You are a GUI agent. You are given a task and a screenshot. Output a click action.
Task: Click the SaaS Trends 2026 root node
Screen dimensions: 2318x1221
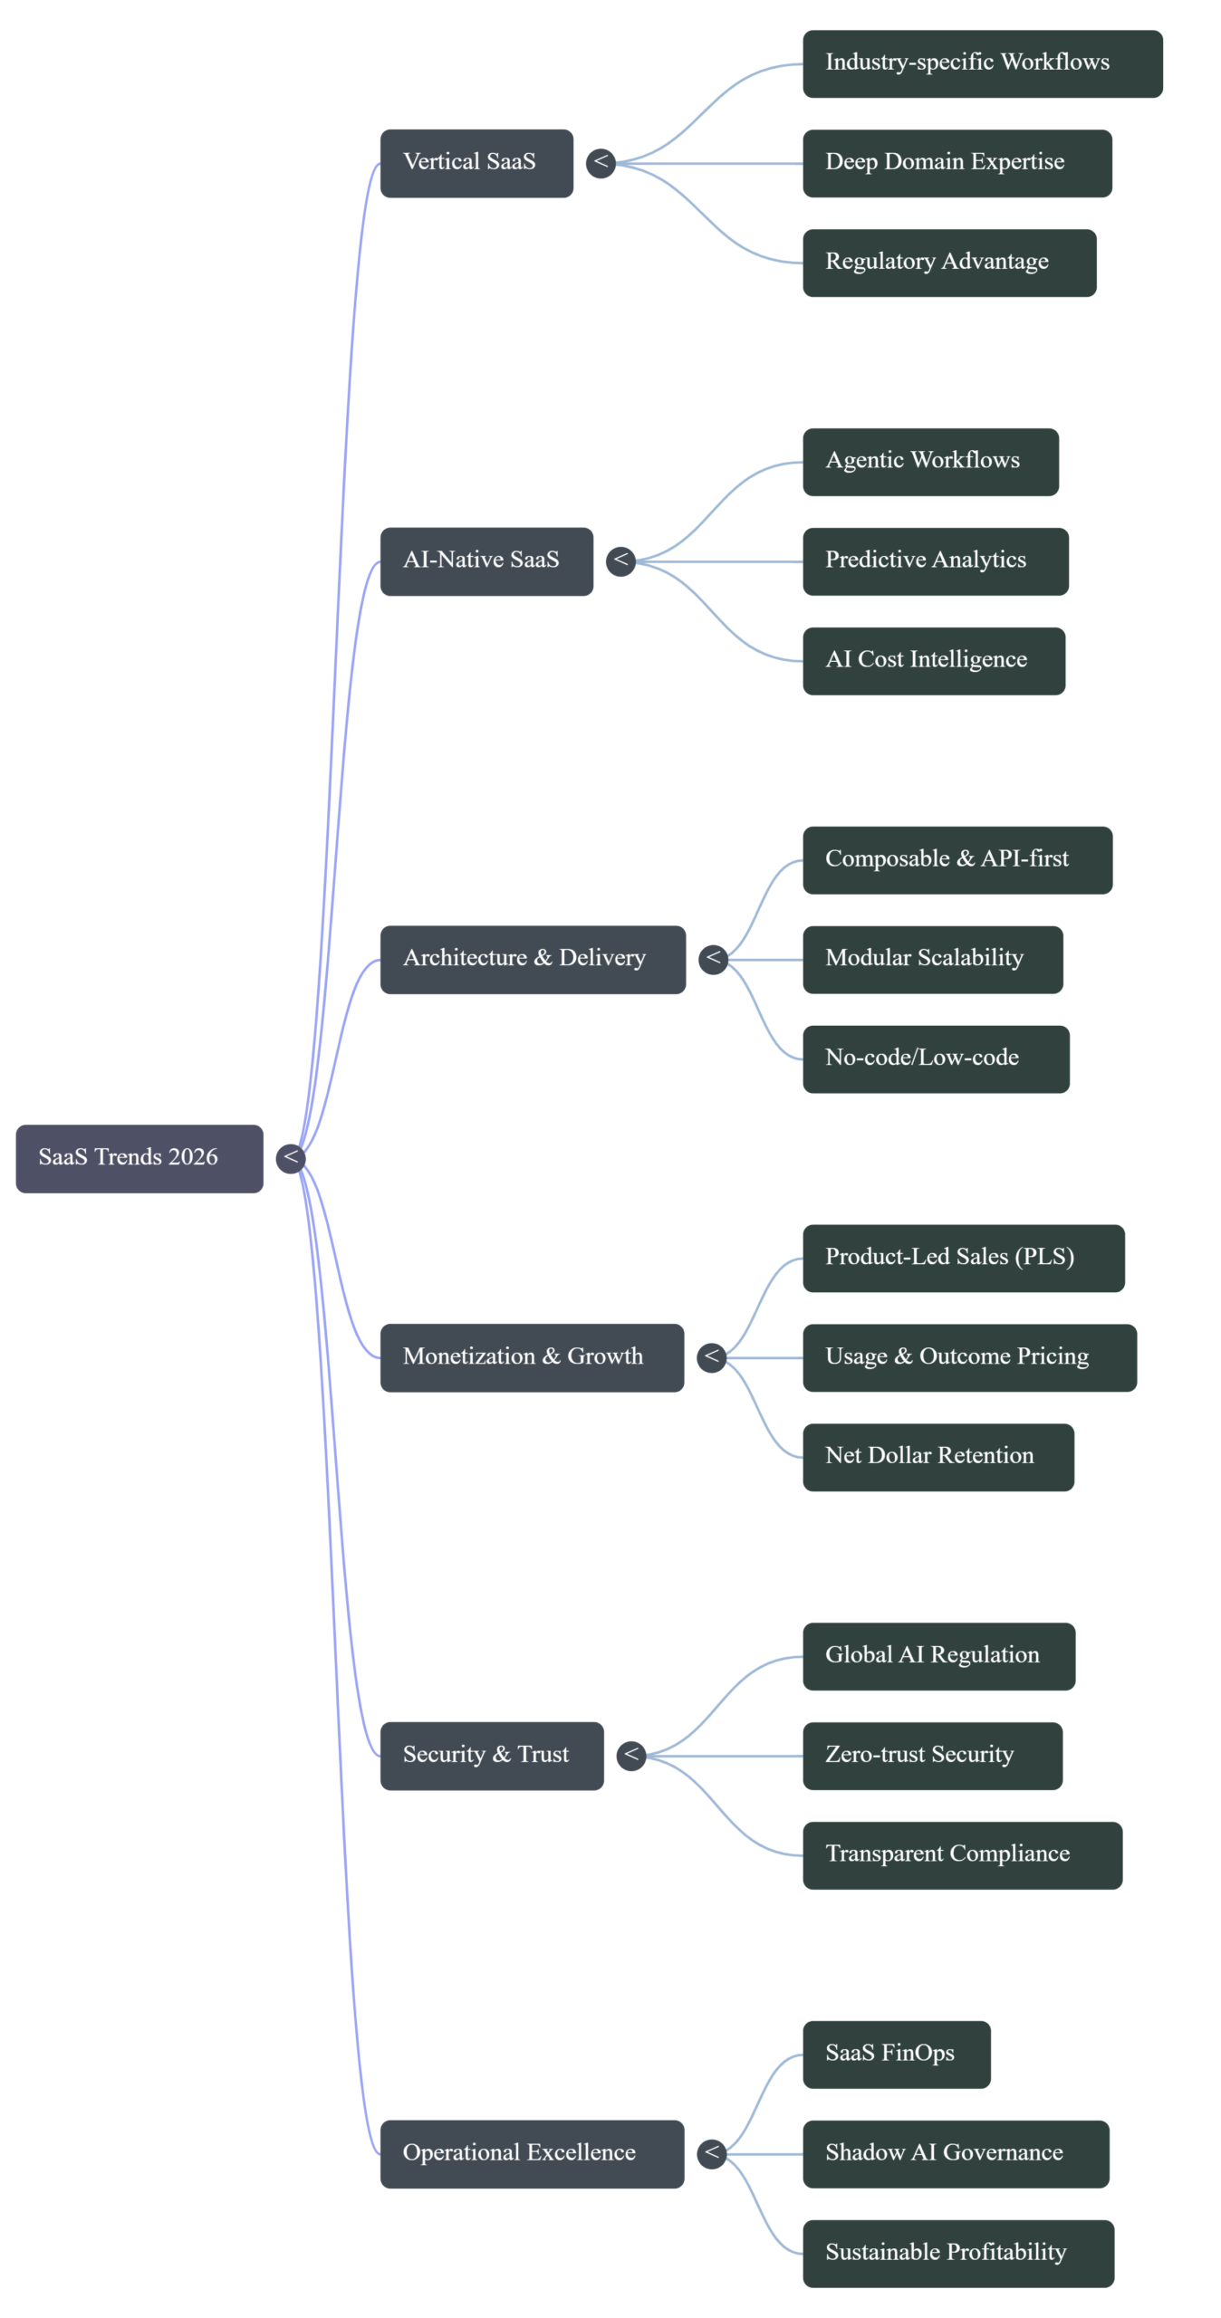pyautogui.click(x=139, y=1158)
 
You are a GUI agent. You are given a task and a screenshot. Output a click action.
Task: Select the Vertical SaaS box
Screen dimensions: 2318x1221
pyautogui.click(x=476, y=163)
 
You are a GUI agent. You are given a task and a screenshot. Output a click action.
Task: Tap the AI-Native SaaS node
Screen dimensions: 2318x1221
pyautogui.click(x=486, y=561)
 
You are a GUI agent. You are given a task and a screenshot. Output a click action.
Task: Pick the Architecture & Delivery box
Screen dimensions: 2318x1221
pyautogui.click(x=533, y=959)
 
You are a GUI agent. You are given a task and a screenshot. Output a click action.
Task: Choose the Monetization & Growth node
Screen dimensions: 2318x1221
pyautogui.click(x=532, y=1357)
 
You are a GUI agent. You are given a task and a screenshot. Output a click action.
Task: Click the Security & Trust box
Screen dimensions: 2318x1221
pyautogui.click(x=491, y=1756)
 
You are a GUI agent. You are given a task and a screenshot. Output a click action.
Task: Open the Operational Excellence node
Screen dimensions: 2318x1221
pyautogui.click(x=532, y=2153)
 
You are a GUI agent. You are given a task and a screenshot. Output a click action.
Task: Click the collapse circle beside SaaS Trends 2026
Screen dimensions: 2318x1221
pyautogui.click(x=291, y=1158)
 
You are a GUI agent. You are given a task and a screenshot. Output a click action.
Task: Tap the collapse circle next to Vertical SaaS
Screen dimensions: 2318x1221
pyautogui.click(x=601, y=163)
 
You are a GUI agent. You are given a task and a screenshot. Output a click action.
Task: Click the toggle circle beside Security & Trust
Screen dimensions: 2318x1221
pyautogui.click(x=631, y=1756)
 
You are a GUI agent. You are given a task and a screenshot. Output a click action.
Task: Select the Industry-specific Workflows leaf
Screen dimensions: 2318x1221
pyautogui.click(x=982, y=63)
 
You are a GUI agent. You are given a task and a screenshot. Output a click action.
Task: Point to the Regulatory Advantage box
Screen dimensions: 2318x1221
pyautogui.click(x=949, y=263)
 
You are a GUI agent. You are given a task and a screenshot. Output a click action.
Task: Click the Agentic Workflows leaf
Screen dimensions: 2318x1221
pyautogui.click(x=930, y=462)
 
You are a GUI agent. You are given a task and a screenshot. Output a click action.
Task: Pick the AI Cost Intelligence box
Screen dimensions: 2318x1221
pyautogui.click(x=934, y=661)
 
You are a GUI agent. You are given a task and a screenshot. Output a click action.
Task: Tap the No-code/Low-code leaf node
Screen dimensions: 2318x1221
pyautogui.click(x=936, y=1058)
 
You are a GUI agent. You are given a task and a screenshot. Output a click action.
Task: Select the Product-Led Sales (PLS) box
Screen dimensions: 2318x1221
pyautogui.click(x=963, y=1258)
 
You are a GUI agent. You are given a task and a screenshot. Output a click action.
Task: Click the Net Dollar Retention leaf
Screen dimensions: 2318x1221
pyautogui.click(x=938, y=1457)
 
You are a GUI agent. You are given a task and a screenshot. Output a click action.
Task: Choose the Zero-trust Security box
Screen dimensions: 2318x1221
pyautogui.click(x=932, y=1756)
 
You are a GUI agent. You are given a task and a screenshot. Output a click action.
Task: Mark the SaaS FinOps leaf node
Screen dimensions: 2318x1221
pyautogui.click(x=897, y=2055)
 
